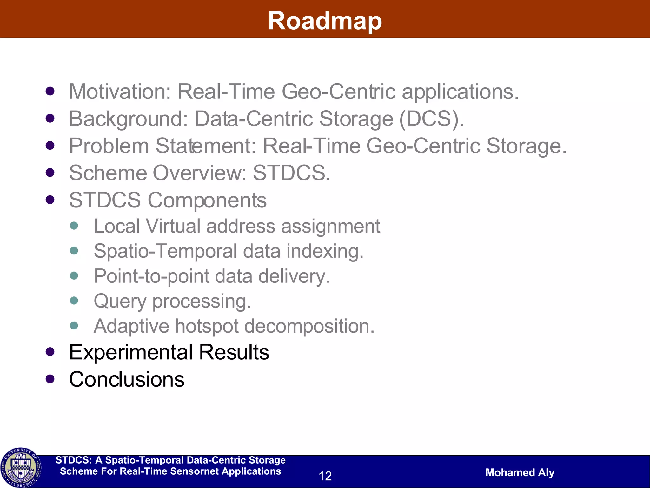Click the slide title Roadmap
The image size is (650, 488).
325,21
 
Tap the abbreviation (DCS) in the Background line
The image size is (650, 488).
431,119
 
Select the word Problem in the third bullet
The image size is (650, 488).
109,146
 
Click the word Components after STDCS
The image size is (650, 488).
207,200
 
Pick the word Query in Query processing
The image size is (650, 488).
120,301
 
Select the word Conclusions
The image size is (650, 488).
127,379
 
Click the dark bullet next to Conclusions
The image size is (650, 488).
50,379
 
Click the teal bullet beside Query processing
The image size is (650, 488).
74,300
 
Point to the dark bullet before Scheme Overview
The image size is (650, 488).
50,173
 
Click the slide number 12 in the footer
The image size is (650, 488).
325,476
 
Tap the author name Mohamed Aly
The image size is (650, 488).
520,472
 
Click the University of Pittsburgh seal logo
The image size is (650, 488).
21,467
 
